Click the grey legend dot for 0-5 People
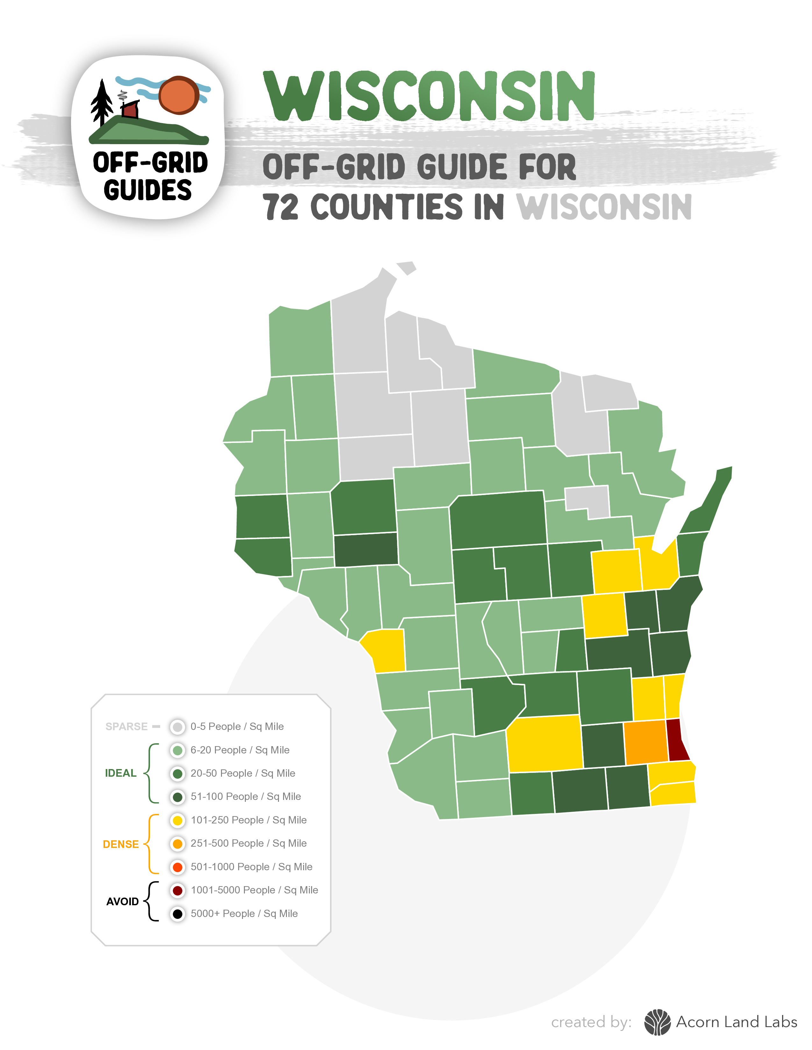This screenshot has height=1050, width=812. tap(177, 727)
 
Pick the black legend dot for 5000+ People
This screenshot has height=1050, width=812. tap(177, 914)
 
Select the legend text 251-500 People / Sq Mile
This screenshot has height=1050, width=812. tap(248, 843)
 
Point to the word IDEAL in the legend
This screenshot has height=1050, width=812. tap(121, 773)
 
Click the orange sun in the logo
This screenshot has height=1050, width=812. tap(179, 95)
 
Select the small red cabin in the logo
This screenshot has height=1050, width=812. tap(130, 110)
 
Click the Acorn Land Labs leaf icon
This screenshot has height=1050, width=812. tap(657, 1022)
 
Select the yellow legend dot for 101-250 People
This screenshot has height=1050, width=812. tap(177, 820)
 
